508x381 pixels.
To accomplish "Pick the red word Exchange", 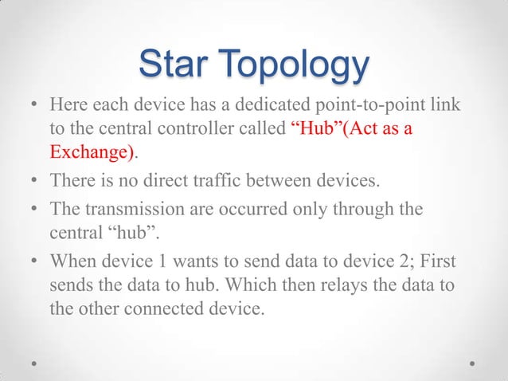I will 85,151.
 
